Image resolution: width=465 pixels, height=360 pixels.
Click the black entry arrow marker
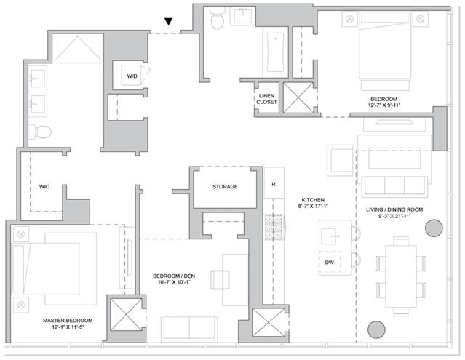(x=168, y=22)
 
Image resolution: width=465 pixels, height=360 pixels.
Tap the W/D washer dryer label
(x=132, y=76)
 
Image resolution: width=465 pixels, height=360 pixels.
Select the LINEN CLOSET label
(x=266, y=99)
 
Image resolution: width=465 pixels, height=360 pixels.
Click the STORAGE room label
(x=225, y=187)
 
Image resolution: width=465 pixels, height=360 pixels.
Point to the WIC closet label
(x=44, y=187)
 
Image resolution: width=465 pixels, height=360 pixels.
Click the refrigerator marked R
(x=274, y=183)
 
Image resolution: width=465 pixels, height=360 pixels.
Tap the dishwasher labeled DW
(x=329, y=263)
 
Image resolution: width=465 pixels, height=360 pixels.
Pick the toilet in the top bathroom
(x=217, y=17)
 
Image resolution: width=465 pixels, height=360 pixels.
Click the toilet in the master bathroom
(x=40, y=132)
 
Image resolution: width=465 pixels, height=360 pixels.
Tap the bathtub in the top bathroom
(x=275, y=52)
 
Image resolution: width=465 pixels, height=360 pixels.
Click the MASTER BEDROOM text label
(x=68, y=320)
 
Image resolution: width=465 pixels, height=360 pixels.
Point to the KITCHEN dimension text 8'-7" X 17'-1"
(x=313, y=206)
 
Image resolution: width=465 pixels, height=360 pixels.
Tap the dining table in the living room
(x=401, y=276)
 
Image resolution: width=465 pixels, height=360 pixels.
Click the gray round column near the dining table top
(x=434, y=228)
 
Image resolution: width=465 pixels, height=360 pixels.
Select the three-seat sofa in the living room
(x=394, y=187)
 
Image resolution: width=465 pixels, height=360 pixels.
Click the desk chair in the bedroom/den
(x=220, y=280)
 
